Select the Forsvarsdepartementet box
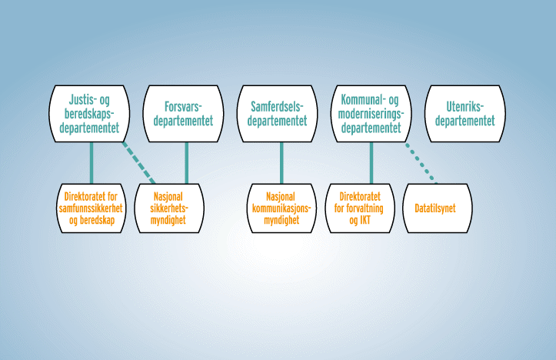point(183,113)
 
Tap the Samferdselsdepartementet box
point(278,113)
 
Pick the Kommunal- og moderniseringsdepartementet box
point(372,113)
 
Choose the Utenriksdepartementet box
point(465,113)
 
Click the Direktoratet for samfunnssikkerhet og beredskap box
point(91,208)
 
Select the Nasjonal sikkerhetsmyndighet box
point(171,208)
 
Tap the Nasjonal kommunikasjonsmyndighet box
point(281,208)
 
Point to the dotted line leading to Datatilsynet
point(421,162)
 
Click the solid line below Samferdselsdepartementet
point(281,162)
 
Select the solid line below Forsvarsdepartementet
point(186,162)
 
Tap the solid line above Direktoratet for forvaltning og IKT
point(371,162)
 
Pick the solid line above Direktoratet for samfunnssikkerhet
point(91,162)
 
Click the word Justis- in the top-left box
point(82,100)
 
